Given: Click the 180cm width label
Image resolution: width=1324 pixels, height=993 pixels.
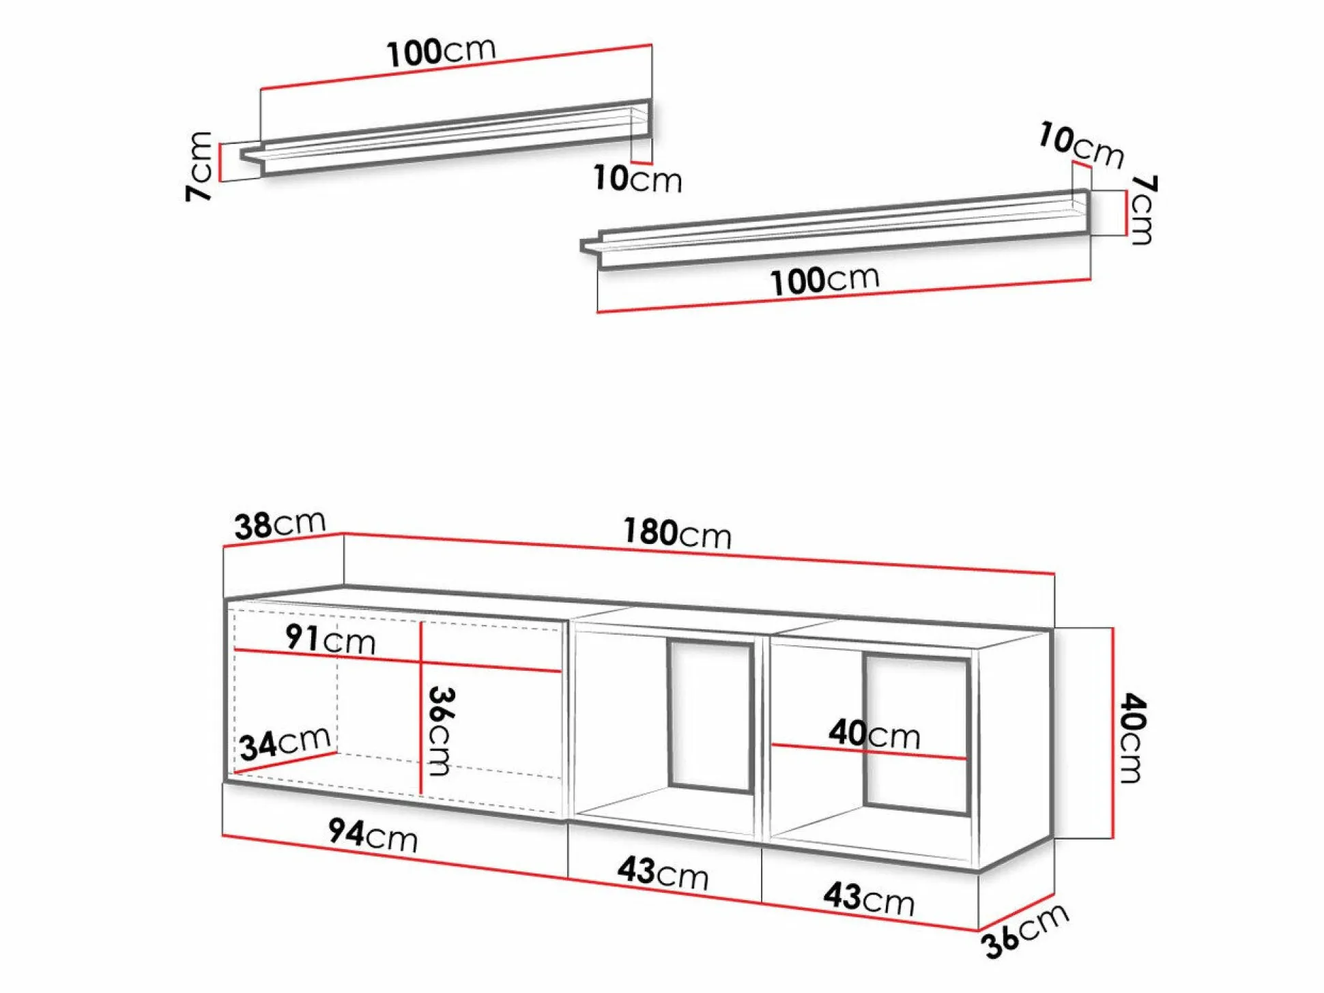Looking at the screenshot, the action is coord(677,533).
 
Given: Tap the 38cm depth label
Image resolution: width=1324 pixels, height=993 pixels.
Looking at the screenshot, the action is coord(280,525).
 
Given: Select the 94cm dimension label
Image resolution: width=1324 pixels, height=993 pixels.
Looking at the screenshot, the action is coord(373,834).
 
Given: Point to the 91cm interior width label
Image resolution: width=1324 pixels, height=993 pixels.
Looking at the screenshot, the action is coord(330,639).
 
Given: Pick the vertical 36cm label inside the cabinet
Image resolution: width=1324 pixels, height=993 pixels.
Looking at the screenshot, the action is coord(442,731).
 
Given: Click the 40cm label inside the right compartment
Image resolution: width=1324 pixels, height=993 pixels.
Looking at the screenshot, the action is coord(874,734).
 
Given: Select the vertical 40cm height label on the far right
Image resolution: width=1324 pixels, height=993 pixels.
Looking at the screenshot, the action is coord(1133,738).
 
